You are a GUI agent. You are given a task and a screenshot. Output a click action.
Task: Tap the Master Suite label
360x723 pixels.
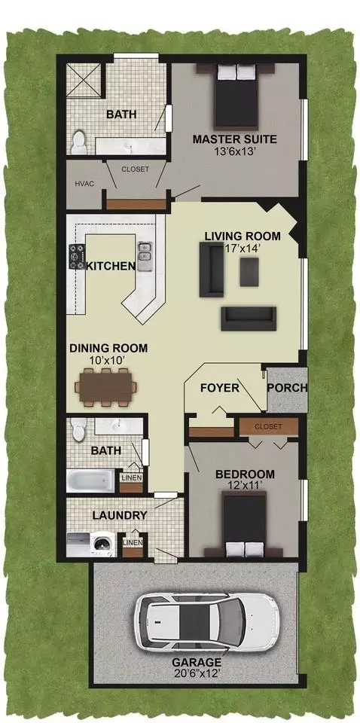pyautogui.click(x=235, y=139)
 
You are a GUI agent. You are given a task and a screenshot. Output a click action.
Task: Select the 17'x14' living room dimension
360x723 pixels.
pyautogui.click(x=243, y=248)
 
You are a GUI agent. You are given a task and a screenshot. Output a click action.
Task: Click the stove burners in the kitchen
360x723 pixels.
pyautogui.click(x=77, y=256)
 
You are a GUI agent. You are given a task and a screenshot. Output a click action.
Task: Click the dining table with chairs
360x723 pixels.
pyautogui.click(x=106, y=387)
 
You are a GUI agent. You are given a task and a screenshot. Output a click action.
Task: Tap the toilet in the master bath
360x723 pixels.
pyautogui.click(x=79, y=142)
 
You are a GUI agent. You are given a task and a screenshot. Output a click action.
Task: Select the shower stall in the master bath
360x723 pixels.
pyautogui.click(x=84, y=79)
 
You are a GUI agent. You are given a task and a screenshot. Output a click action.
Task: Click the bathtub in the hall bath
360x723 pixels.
pyautogui.click(x=91, y=480)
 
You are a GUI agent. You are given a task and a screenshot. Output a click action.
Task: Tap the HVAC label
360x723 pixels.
pyautogui.click(x=84, y=184)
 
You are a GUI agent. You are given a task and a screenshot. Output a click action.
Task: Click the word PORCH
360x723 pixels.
pyautogui.click(x=287, y=388)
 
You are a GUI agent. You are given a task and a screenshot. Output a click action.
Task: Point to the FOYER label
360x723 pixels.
pyautogui.click(x=220, y=388)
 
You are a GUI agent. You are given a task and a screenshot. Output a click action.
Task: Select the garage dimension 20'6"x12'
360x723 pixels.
pyautogui.click(x=197, y=673)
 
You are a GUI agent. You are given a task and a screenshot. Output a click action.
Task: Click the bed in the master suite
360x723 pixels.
pyautogui.click(x=236, y=96)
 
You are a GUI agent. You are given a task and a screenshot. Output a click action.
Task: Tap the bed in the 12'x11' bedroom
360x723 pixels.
pyautogui.click(x=244, y=524)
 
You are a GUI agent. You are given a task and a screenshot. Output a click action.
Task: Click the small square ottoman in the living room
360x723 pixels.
pyautogui.click(x=249, y=272)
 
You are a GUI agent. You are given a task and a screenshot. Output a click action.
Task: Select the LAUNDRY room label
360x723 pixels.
pyautogui.click(x=120, y=515)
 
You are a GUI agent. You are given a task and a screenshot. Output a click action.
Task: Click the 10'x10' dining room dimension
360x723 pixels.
pyautogui.click(x=108, y=360)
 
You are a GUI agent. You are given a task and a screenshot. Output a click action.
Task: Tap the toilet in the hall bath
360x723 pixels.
pyautogui.click(x=79, y=429)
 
